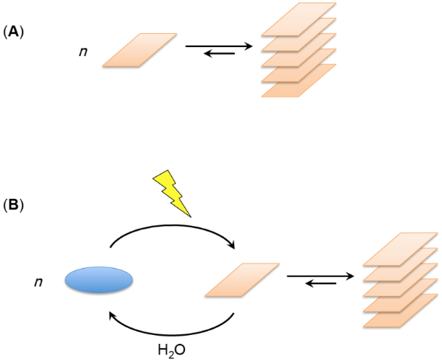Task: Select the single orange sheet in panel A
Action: click(140, 50)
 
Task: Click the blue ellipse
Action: click(99, 280)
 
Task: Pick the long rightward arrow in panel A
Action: click(219, 46)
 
